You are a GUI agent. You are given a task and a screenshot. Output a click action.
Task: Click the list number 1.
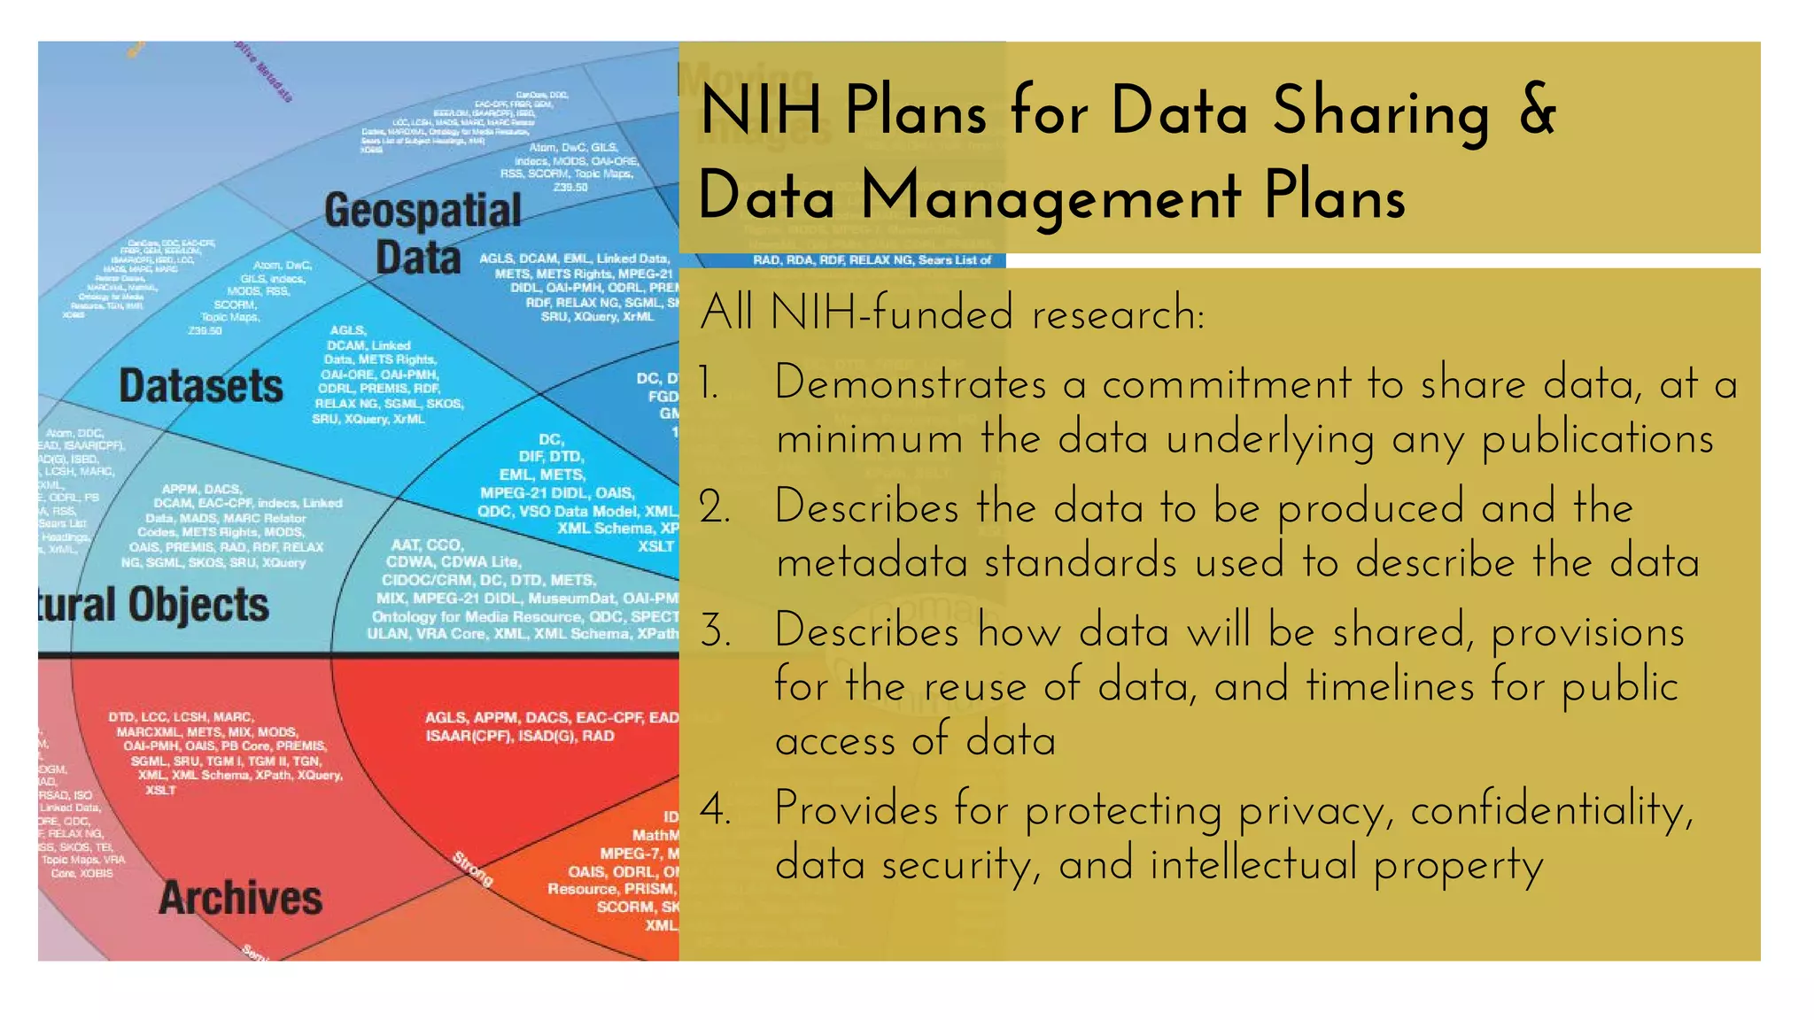coord(708,384)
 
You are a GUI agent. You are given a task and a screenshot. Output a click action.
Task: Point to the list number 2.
coord(714,508)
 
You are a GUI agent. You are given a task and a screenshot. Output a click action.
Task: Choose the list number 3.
coord(714,632)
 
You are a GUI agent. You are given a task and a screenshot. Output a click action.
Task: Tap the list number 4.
coord(715,809)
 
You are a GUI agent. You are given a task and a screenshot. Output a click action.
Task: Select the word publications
coord(1598,440)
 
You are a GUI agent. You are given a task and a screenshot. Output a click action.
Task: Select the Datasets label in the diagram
coord(201,386)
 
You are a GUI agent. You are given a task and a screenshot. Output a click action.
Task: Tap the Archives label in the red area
coord(240,898)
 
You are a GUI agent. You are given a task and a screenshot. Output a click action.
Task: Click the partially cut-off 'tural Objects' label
coord(153,606)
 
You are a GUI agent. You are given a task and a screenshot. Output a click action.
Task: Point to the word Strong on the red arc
coord(472,869)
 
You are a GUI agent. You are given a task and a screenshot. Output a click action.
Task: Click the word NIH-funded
coord(892,313)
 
